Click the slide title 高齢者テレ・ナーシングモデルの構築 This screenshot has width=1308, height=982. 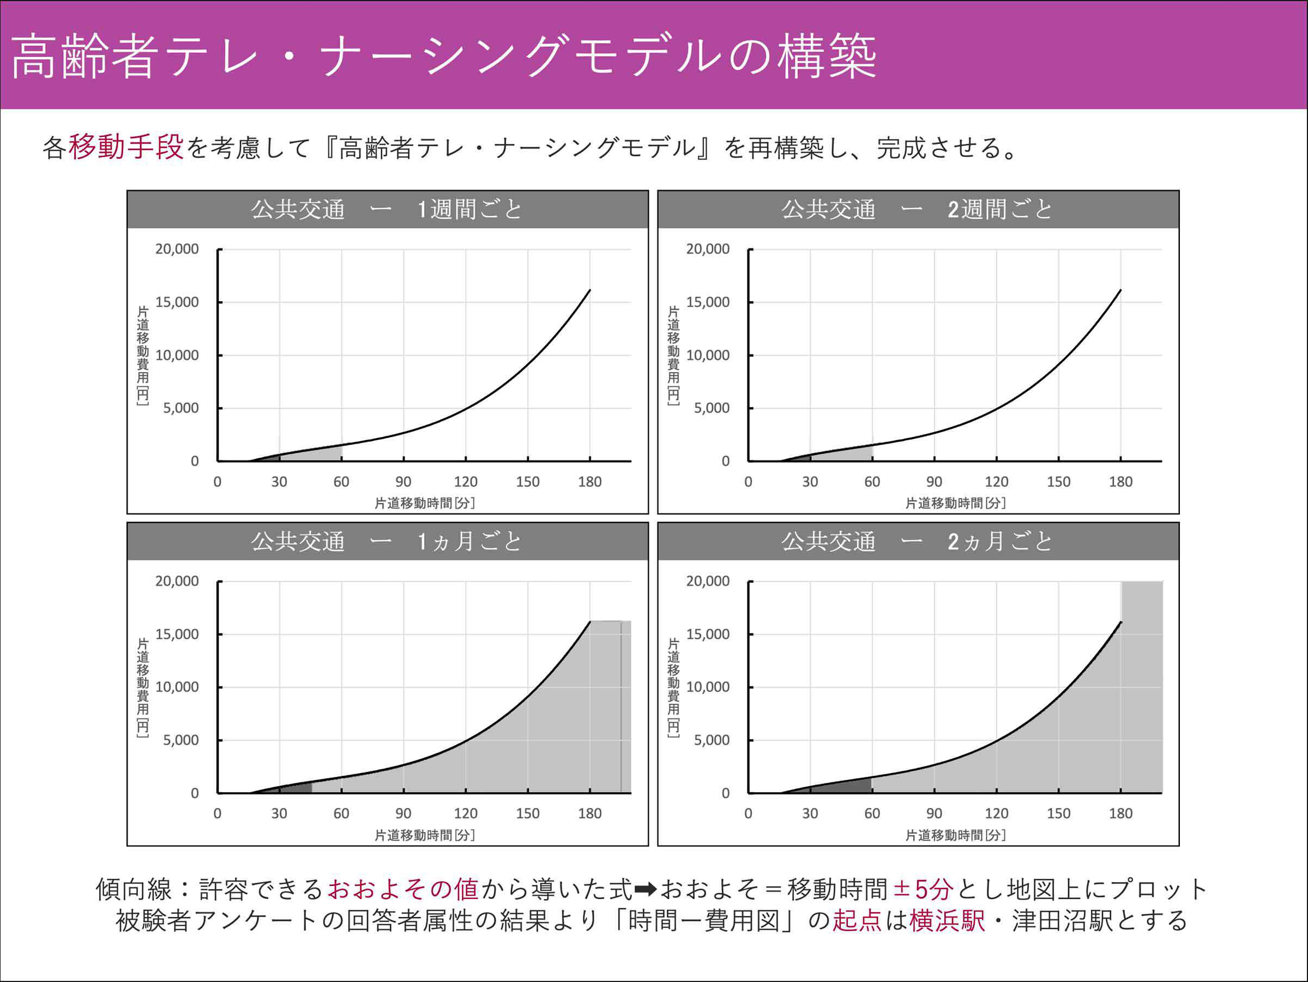pyautogui.click(x=443, y=56)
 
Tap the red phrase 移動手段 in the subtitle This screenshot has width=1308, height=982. pyautogui.click(x=125, y=147)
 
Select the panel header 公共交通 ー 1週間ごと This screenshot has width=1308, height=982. pyautogui.click(x=387, y=209)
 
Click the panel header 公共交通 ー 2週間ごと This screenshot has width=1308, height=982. pyautogui.click(x=918, y=209)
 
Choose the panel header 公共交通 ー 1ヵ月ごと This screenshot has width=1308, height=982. pyautogui.click(x=387, y=541)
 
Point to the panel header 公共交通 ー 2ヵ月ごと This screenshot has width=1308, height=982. pyautogui.click(x=918, y=541)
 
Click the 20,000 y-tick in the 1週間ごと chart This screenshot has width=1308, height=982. pyautogui.click(x=177, y=249)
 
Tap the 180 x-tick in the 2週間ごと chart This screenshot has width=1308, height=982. pyautogui.click(x=1120, y=482)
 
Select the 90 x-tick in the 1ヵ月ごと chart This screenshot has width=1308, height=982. pyautogui.click(x=403, y=813)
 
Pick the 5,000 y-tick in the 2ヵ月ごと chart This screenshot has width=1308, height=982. pyautogui.click(x=712, y=740)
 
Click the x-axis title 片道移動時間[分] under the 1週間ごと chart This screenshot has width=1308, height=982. pyautogui.click(x=425, y=503)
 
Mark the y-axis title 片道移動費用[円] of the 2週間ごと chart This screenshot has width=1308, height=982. pyautogui.click(x=673, y=355)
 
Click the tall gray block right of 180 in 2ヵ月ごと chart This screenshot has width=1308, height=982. pyautogui.click(x=1142, y=686)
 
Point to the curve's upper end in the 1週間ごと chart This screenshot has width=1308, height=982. pyautogui.click(x=589, y=290)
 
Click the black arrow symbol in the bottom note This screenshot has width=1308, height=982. pyautogui.click(x=645, y=889)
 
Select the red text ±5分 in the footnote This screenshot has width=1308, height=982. pyautogui.click(x=923, y=889)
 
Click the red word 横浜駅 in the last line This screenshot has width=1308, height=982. pyautogui.click(x=947, y=920)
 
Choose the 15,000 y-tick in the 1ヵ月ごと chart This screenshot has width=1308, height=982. pyautogui.click(x=177, y=634)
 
